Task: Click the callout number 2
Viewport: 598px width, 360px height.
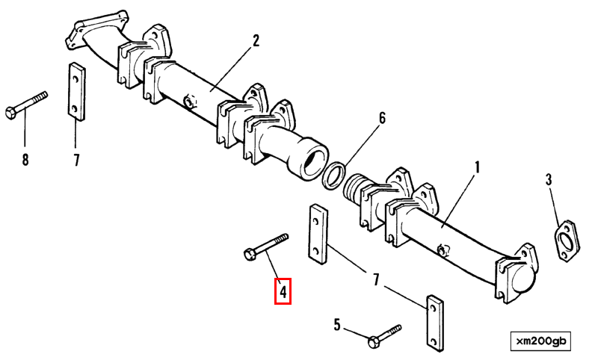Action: pos(256,40)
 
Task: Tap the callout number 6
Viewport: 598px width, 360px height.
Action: pos(381,118)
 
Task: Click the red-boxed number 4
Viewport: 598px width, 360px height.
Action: pos(283,291)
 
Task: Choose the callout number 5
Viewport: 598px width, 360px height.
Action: pos(337,324)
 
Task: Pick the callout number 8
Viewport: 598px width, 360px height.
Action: pos(25,159)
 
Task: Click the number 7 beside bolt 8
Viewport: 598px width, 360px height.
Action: pos(75,159)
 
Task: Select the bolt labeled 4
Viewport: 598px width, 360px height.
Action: pos(266,246)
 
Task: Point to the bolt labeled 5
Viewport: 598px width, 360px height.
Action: pos(384,334)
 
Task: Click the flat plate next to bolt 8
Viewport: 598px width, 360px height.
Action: pos(75,92)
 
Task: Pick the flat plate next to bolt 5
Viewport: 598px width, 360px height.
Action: pos(434,323)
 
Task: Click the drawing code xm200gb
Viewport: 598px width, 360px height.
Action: pos(541,341)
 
